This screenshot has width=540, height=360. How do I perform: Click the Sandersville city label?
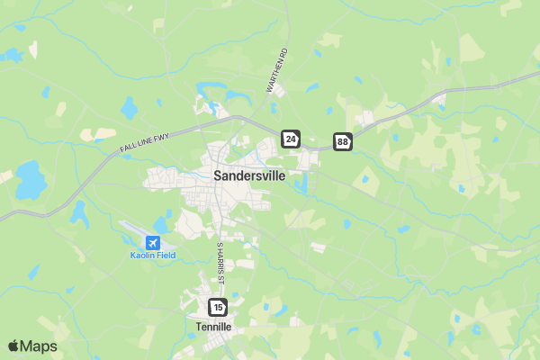coord(249,176)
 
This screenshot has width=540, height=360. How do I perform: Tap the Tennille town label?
coord(213,327)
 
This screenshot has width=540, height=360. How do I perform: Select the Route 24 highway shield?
coord(290,139)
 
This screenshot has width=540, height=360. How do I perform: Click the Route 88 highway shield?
coord(343,141)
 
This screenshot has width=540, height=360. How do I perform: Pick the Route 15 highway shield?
coord(217,308)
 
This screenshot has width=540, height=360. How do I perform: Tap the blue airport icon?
coord(152,242)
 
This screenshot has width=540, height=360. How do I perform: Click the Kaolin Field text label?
coord(152,256)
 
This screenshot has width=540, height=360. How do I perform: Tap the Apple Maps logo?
coord(32,346)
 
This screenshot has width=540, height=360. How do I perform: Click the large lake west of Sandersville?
coord(29,180)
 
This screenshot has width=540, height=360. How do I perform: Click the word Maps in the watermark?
coord(39,346)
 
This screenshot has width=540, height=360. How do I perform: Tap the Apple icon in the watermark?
coord(13,346)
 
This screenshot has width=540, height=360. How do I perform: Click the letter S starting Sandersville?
coord(218,176)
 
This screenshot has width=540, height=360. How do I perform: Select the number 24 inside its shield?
coord(290,139)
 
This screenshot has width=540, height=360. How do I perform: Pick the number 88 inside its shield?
coord(343,141)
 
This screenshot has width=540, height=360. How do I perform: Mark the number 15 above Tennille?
coord(217,308)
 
